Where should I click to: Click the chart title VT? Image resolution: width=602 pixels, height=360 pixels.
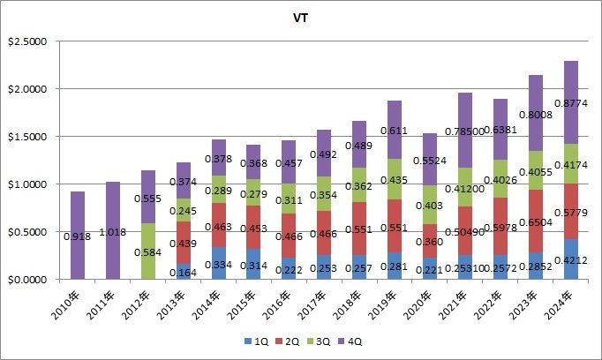coord(301,16)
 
